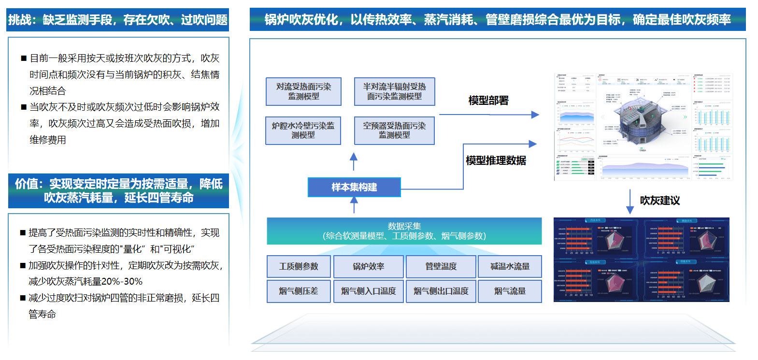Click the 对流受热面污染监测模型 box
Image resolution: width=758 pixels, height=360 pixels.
303,91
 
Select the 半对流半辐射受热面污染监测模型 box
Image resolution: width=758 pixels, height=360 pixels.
394,91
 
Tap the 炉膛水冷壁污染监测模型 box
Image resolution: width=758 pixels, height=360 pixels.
303,130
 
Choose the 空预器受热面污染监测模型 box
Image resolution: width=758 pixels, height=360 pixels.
394,130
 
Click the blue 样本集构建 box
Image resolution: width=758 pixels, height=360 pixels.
354,187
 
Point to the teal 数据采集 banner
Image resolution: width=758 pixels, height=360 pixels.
404,231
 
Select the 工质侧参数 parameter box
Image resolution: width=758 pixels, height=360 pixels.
299,266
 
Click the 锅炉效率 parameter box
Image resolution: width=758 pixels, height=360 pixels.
368,266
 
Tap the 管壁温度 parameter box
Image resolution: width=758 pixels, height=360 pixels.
441,266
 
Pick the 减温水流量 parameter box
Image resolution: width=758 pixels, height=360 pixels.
510,266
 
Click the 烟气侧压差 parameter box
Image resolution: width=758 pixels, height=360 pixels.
299,291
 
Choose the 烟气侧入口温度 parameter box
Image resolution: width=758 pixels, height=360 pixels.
368,291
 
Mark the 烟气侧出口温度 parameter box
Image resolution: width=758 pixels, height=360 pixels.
441,291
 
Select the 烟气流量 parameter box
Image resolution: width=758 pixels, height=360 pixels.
510,291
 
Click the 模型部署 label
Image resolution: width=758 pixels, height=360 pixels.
488,101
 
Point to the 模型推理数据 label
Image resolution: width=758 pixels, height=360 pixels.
496,160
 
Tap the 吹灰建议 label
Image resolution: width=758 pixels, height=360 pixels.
660,201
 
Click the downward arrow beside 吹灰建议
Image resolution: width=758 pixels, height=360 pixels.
630,202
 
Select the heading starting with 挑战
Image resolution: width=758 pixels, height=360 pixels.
118,20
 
